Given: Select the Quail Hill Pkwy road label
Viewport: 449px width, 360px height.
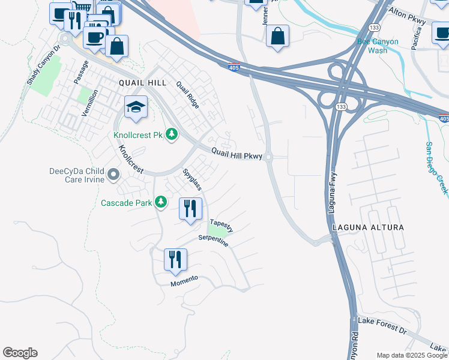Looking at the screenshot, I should pos(237,155).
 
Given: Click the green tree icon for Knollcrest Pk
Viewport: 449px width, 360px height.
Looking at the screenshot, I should pos(172,134).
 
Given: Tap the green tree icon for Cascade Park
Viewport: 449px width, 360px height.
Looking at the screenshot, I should pos(160,202).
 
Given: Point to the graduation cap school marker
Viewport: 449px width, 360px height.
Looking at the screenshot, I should pos(136,108).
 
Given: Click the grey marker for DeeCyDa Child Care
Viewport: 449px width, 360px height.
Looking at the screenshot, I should pos(113,175).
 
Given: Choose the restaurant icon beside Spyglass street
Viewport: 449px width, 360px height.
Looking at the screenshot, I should pos(191,209).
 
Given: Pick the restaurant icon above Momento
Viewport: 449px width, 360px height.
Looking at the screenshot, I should pos(175,260).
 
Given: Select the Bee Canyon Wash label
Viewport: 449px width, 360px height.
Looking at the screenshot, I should pos(380,46).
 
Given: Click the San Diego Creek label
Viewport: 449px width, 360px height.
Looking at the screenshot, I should pos(436,167).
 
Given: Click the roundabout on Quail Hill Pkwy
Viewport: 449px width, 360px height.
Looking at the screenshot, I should pos(268,158).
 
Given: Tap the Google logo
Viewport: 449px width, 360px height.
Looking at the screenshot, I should pos(20,353).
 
